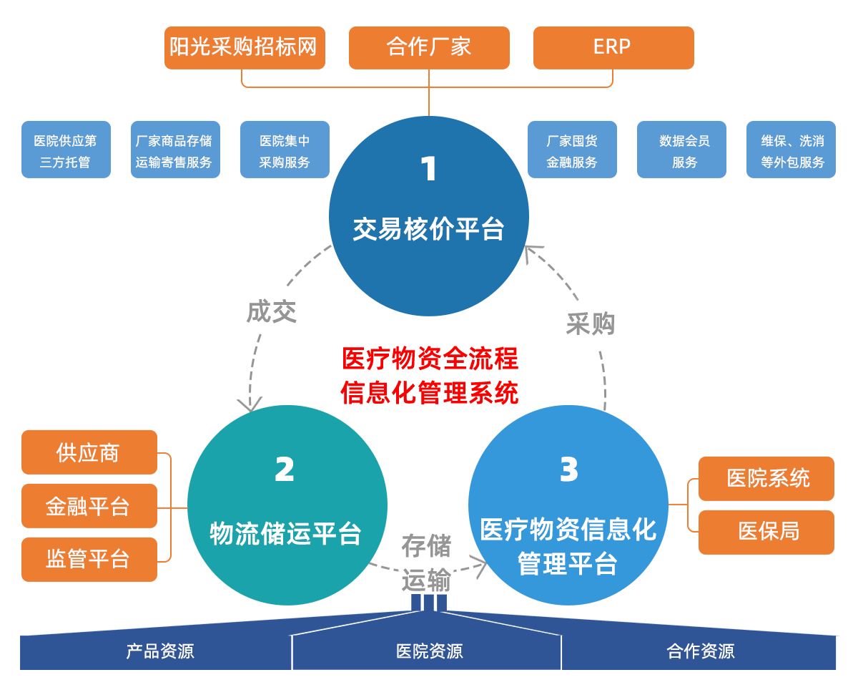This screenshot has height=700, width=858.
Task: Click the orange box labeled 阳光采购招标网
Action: tap(245, 47)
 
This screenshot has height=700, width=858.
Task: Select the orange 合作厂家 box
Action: tap(429, 47)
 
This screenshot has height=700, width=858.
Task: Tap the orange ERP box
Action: tap(613, 47)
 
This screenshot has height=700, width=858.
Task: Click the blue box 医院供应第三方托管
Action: tap(66, 150)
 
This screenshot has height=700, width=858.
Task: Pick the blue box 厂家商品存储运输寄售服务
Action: tap(175, 150)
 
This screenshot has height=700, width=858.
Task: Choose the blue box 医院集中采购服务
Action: tap(285, 150)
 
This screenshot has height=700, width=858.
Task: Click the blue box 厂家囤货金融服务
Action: tap(572, 150)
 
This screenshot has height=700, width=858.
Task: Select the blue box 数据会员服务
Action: tap(681, 150)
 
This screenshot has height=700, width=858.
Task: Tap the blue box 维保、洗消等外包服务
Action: tap(791, 150)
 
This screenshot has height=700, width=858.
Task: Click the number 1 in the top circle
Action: tap(428, 170)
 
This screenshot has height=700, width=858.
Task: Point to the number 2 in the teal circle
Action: tap(285, 470)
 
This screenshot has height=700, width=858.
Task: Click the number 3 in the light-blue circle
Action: tap(568, 470)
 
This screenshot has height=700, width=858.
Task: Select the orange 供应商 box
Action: tap(89, 452)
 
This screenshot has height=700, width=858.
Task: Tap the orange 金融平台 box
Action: tap(89, 506)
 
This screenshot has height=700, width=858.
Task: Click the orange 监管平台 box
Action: tap(89, 559)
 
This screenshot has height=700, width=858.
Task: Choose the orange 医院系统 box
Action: tap(766, 478)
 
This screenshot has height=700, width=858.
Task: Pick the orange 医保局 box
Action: tap(766, 532)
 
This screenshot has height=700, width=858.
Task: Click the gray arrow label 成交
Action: tap(271, 312)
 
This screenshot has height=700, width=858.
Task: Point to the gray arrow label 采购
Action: tap(591, 324)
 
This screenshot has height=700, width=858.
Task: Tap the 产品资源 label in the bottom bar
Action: tap(160, 651)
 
